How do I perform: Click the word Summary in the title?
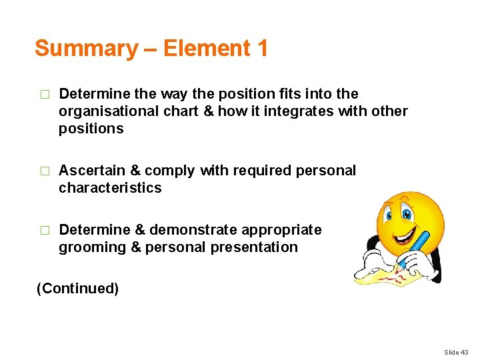click(x=85, y=49)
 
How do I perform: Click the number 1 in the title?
click(x=261, y=48)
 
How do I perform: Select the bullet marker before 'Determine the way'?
click(x=45, y=95)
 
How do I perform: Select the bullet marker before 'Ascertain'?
click(x=45, y=171)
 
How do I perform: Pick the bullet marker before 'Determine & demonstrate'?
click(x=45, y=231)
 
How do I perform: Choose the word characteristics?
click(x=110, y=188)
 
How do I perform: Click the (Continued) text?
click(x=77, y=289)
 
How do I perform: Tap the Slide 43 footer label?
click(x=456, y=352)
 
